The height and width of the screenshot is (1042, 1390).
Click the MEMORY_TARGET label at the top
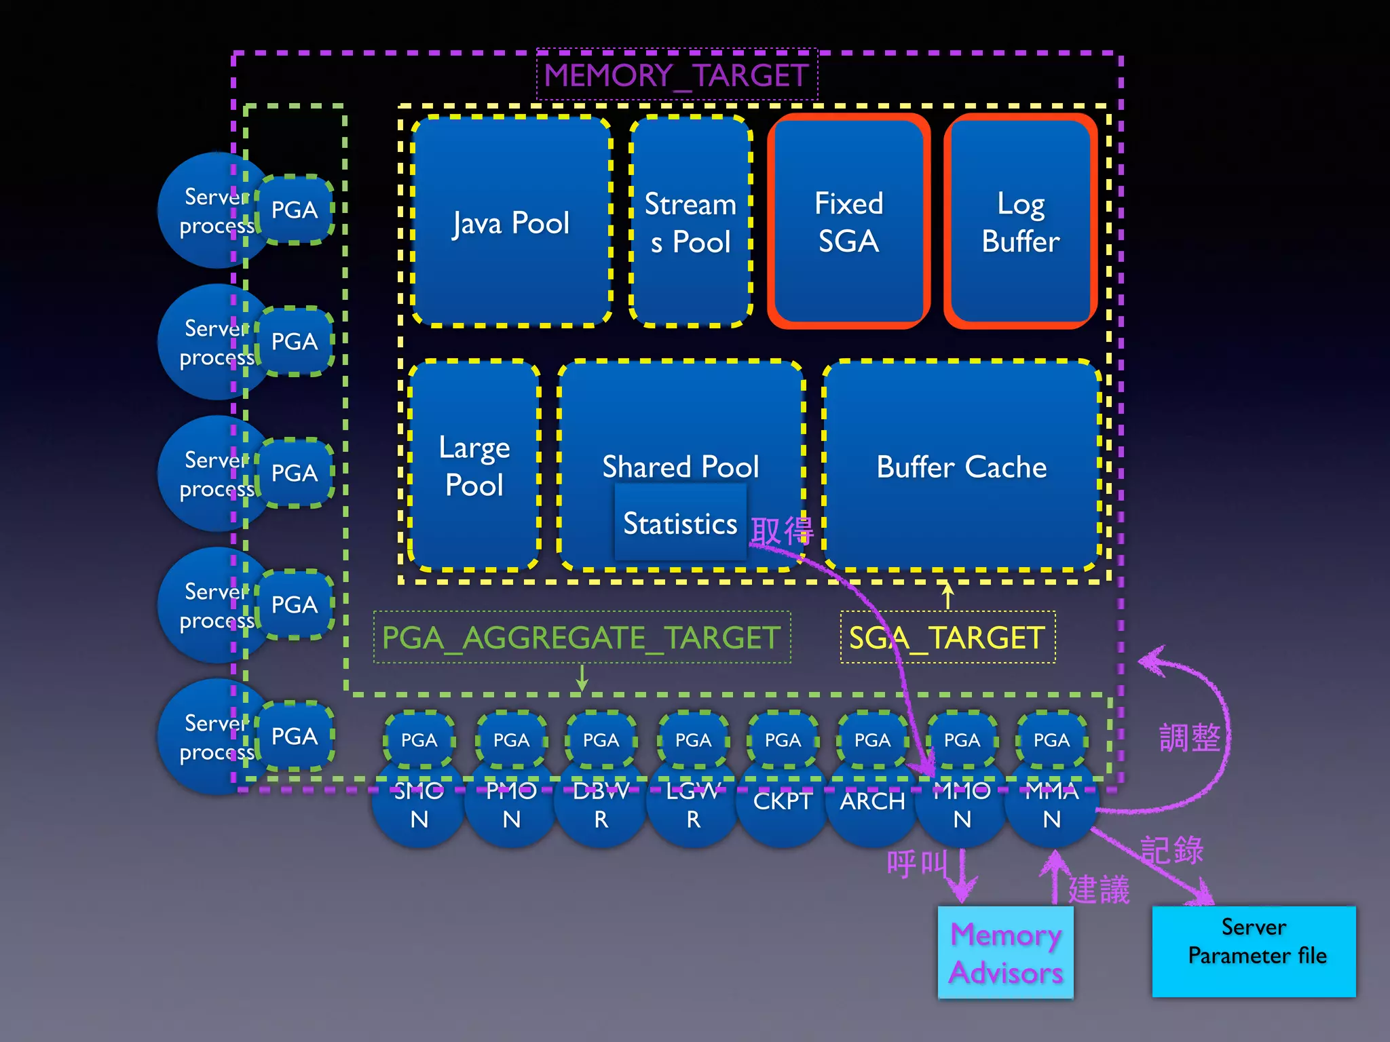coord(677,75)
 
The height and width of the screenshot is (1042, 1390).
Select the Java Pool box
coord(511,222)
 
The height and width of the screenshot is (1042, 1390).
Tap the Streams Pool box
coord(691,222)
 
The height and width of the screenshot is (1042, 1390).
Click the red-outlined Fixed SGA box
coord(848,222)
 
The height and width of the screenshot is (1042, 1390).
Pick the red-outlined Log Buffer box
coord(1020,222)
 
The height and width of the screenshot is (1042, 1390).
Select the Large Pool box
coord(474,465)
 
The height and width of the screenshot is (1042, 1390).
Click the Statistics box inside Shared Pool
coord(680,524)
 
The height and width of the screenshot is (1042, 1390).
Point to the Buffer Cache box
coord(961,467)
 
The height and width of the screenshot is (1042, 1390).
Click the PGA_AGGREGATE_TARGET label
coord(582,638)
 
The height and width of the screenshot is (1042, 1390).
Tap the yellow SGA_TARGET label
coord(947,638)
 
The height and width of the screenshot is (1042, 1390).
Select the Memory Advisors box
coord(1005,952)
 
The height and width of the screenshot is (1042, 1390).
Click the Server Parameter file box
coord(1254,951)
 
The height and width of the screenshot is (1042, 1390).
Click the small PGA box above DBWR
coord(601,739)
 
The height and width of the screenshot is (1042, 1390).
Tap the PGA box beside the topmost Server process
coord(294,210)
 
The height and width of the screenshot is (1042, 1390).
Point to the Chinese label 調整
coord(1189,737)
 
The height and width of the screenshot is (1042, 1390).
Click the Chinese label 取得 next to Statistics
coord(782,530)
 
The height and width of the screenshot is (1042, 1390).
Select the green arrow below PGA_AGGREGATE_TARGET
coord(582,677)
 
